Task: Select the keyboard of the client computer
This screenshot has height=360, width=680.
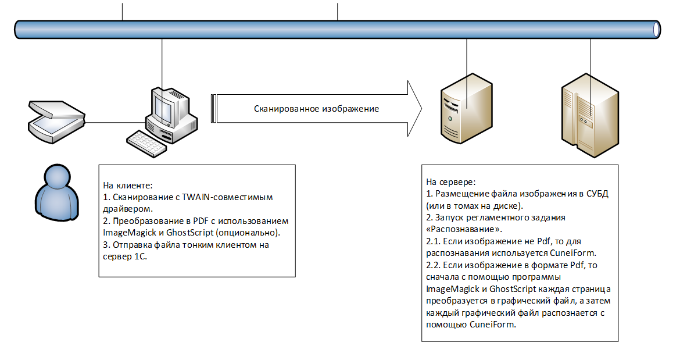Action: [146, 141]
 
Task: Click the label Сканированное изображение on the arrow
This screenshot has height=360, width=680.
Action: [316, 109]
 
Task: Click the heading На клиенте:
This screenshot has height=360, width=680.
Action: [128, 186]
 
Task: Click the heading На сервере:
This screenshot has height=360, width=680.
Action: [451, 181]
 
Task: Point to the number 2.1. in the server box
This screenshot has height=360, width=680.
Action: [434, 241]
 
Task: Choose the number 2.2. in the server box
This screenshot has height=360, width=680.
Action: [434, 265]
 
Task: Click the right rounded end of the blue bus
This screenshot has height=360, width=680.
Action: [657, 28]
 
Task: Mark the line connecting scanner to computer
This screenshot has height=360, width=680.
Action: [116, 122]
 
